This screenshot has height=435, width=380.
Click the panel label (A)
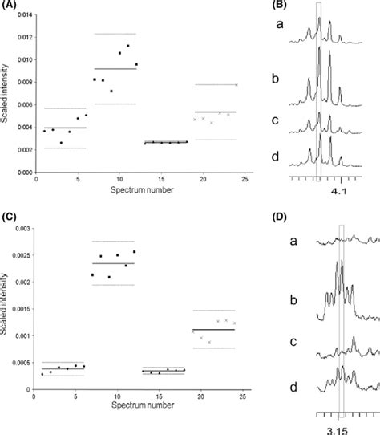10,6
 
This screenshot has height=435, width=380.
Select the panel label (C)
10,219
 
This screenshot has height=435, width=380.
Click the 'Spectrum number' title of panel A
140,193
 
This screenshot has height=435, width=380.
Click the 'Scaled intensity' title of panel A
7,96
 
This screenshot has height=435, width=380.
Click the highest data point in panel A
127,47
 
